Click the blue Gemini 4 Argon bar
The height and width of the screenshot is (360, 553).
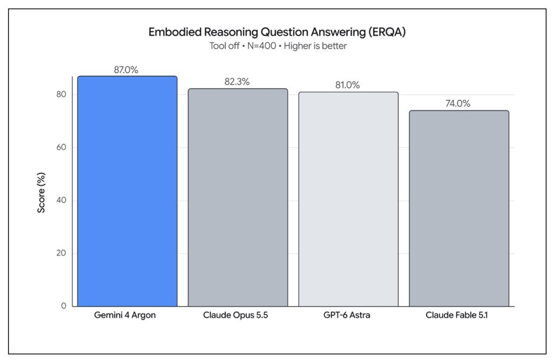tap(127, 191)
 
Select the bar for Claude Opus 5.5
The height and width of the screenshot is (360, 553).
tap(238, 198)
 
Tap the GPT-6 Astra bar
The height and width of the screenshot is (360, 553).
tap(348, 199)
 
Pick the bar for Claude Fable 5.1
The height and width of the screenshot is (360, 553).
tap(459, 208)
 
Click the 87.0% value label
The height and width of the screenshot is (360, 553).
tap(126, 70)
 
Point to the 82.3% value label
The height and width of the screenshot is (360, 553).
tap(237, 82)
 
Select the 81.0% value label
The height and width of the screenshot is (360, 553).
tap(347, 85)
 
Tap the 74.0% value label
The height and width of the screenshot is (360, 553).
tap(458, 103)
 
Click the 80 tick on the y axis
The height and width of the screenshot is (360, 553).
tap(61, 94)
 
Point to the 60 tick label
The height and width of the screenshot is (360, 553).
tap(61, 147)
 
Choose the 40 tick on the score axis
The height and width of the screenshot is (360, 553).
tap(61, 200)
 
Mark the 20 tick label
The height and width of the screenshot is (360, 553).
tap(61, 253)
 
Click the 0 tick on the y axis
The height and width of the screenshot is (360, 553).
tap(64, 305)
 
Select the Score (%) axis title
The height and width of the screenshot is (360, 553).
tap(41, 193)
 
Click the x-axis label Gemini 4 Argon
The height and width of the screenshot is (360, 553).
tap(125, 315)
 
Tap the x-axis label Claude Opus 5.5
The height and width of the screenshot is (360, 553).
tap(235, 315)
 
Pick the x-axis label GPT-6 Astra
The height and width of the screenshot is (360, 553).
tap(347, 315)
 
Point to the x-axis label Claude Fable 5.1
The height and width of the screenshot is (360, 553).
tap(457, 315)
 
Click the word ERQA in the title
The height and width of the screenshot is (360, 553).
tap(387, 32)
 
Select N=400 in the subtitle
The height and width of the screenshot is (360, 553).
tap(261, 46)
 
